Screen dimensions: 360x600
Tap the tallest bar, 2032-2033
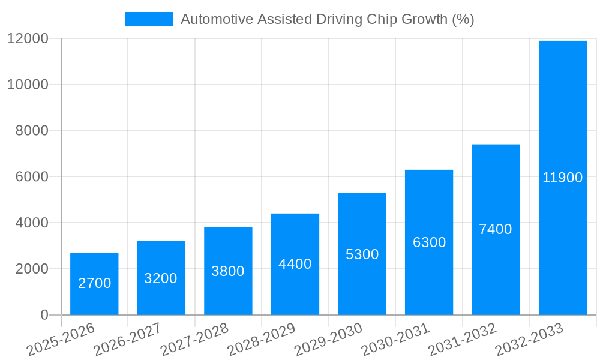tap(563, 120)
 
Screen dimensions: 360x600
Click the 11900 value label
tap(563, 178)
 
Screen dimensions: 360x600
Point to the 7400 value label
tap(496, 229)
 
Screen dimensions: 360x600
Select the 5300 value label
tap(362, 254)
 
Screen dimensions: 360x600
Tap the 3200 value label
tap(161, 278)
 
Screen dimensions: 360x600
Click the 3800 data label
tap(228, 271)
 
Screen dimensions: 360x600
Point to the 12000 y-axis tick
tap(28, 39)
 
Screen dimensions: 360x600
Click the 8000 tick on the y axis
tap(32, 131)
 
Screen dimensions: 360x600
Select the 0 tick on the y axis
tap(44, 315)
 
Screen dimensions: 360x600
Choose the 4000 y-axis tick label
tap(32, 223)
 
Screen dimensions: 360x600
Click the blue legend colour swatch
tap(149, 19)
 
